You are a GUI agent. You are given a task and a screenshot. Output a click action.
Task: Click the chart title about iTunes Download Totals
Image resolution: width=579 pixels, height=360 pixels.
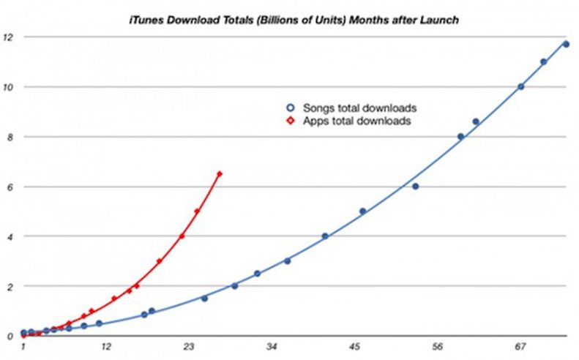(291, 20)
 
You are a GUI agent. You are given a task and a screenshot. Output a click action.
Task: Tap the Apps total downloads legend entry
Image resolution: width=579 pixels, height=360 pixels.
(351, 121)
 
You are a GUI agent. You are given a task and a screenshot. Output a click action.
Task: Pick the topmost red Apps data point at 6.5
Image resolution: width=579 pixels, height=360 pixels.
(219, 173)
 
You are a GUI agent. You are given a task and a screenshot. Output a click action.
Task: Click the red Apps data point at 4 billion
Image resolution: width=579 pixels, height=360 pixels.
(182, 236)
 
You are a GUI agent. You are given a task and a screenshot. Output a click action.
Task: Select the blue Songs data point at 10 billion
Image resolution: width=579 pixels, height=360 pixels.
(520, 86)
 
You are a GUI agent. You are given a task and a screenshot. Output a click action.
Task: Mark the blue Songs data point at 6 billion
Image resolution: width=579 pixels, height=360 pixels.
(415, 186)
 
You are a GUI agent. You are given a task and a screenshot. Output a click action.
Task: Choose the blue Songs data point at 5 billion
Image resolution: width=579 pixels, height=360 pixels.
(362, 211)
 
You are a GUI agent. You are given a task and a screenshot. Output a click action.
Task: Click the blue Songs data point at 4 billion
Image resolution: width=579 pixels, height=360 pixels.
(325, 236)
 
